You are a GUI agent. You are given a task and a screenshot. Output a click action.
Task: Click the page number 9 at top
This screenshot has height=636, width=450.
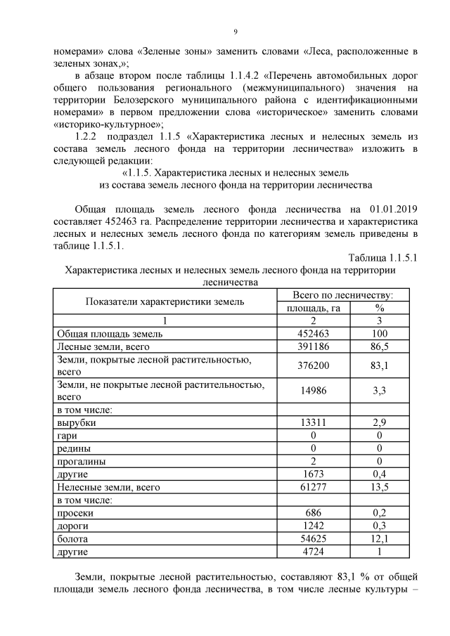(236, 32)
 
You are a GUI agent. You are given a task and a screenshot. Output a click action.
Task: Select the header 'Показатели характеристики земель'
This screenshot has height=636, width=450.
(165, 301)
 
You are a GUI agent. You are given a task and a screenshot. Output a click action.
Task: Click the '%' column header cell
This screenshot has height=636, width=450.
(379, 308)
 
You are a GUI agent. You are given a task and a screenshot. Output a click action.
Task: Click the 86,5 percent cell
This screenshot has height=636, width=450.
(379, 346)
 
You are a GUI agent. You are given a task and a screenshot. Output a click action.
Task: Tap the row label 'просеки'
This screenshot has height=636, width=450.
(75, 513)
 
